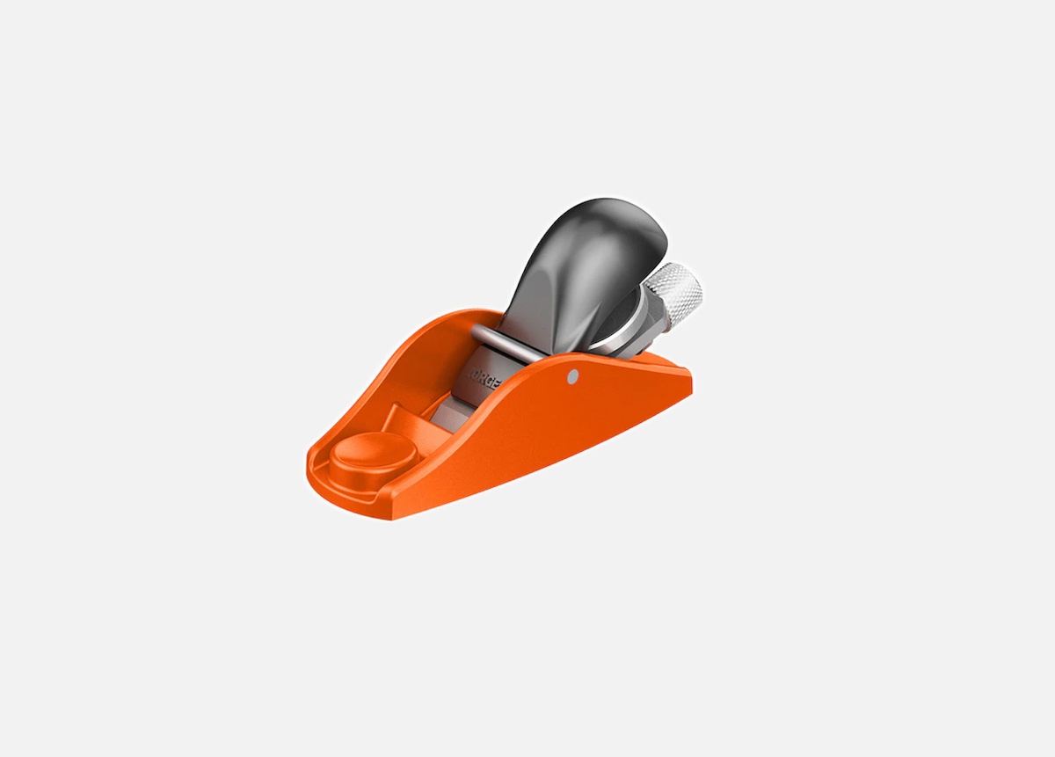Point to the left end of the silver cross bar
(x=477, y=332)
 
